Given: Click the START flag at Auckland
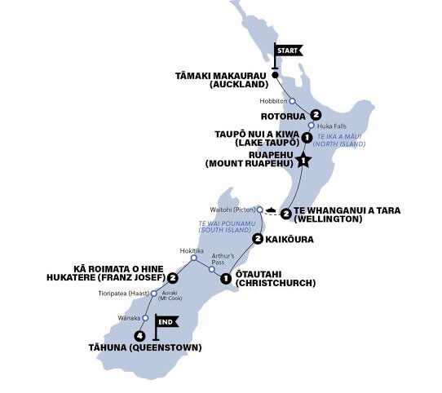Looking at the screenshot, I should coord(288,50).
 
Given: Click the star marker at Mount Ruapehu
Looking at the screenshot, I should coord(303,161).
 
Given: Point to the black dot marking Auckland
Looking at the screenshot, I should coord(275,76).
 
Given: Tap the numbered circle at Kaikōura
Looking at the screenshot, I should coord(258,239).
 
